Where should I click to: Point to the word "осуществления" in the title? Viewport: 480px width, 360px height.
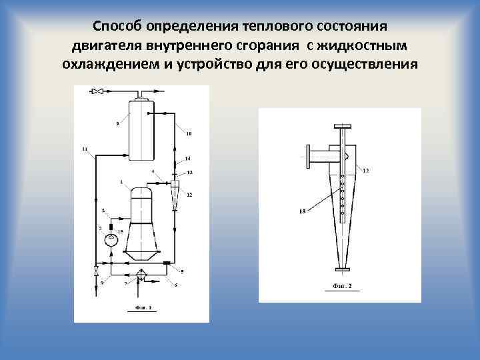click(367, 65)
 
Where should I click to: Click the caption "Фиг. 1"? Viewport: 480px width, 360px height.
click(140, 307)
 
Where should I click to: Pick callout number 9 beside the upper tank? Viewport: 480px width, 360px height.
click(117, 124)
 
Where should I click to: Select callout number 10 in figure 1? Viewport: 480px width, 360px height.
click(189, 134)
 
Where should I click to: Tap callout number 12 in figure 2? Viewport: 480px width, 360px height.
click(366, 171)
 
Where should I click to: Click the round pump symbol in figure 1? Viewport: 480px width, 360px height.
click(111, 239)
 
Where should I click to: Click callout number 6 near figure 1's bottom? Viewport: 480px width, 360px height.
click(175, 285)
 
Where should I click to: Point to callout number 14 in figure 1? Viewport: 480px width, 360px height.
click(187, 158)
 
